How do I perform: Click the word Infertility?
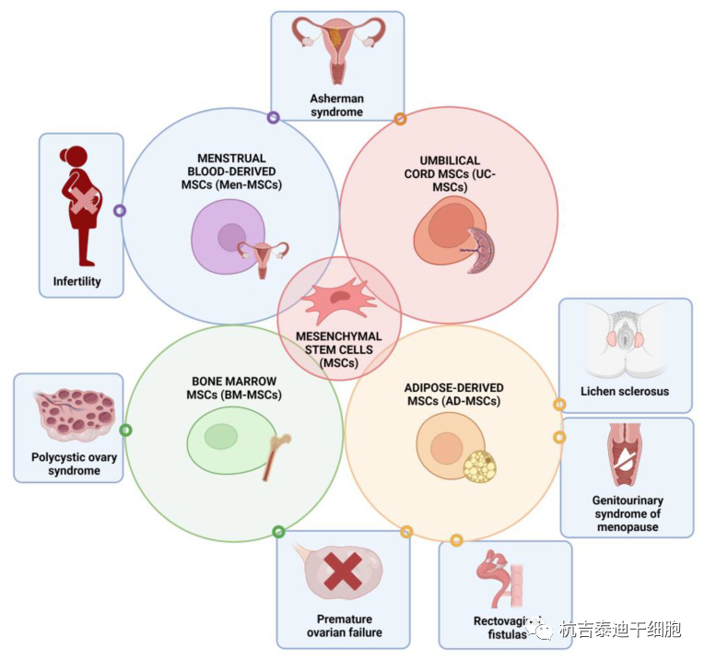(x=77, y=281)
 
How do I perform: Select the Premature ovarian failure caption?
(x=344, y=626)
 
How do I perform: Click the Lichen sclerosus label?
(x=625, y=391)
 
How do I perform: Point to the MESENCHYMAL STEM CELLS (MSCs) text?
(x=339, y=348)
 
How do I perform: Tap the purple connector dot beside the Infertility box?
(x=120, y=210)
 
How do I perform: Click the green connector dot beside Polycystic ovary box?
(x=126, y=430)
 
